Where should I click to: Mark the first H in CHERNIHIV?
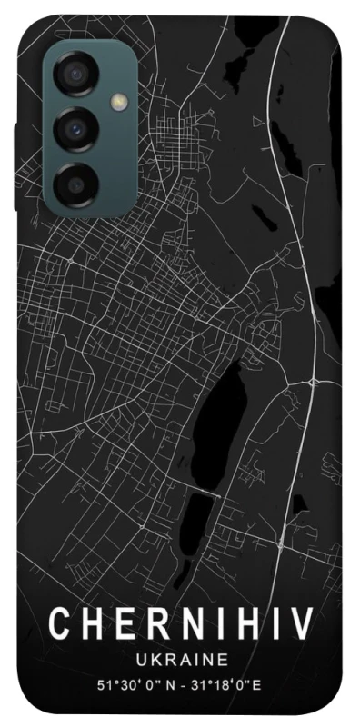91,625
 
